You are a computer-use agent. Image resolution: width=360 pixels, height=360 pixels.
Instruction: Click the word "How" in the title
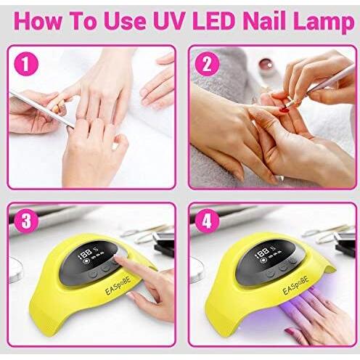tap(38, 21)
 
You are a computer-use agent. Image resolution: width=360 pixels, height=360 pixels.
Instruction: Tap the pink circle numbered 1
tap(26, 64)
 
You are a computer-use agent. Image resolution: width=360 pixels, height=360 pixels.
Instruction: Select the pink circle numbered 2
tap(207, 64)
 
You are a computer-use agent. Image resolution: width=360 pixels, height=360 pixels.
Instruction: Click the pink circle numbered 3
tap(26, 221)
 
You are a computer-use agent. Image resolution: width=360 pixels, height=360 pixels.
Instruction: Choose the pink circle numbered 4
tap(207, 221)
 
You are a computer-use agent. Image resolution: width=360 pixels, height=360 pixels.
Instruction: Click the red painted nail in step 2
tap(285, 110)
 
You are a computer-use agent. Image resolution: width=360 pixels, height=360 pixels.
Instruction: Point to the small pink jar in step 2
tap(266, 65)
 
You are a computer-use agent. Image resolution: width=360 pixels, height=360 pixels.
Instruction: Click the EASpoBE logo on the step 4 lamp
tap(296, 285)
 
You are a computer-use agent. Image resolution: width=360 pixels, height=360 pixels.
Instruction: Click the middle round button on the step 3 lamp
tap(105, 269)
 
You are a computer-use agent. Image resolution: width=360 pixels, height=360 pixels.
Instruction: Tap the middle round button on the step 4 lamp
tap(282, 268)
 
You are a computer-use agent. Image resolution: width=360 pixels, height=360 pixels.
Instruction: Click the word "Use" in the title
tap(126, 21)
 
